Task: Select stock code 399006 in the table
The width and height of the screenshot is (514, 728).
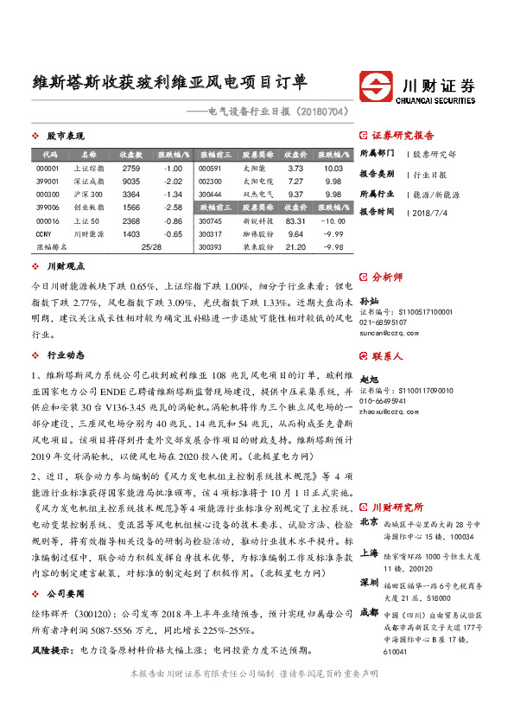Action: pyautogui.click(x=48, y=208)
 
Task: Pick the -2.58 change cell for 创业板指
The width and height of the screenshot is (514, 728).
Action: pyautogui.click(x=173, y=208)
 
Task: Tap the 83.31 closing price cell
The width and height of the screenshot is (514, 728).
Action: pyautogui.click(x=295, y=220)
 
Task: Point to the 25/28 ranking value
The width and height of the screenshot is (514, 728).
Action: pyautogui.click(x=150, y=246)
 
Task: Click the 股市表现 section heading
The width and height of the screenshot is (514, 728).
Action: pyautogui.click(x=66, y=136)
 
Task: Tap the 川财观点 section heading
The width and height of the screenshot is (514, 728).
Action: pyautogui.click(x=66, y=267)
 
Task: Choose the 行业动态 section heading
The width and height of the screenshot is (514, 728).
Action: pyautogui.click(x=66, y=354)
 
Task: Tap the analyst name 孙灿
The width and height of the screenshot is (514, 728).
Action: pyautogui.click(x=369, y=299)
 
